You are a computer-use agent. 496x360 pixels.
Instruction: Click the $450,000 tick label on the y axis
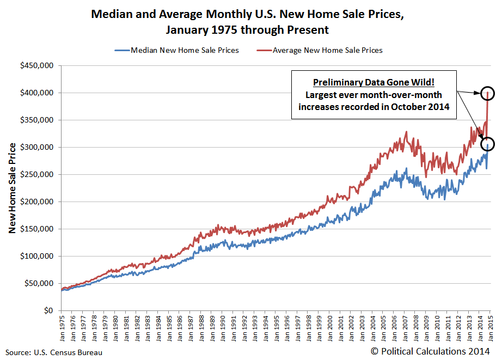(x=36, y=66)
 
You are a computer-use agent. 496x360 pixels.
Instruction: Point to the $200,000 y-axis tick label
(x=36, y=202)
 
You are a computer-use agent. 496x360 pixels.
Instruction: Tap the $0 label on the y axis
(x=49, y=311)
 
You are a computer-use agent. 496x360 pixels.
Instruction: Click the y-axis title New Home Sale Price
(x=11, y=188)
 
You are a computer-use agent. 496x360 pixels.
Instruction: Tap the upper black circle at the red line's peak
(x=488, y=93)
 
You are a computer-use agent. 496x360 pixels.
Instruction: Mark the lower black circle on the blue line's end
(x=488, y=144)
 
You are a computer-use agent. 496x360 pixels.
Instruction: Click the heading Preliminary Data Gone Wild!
(x=373, y=82)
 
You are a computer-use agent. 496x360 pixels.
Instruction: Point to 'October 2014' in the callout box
(x=425, y=106)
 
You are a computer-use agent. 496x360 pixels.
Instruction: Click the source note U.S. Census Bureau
(x=54, y=352)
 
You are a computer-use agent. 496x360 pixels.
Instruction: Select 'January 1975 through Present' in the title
(x=248, y=29)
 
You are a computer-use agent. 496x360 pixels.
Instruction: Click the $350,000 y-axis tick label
(x=36, y=120)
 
